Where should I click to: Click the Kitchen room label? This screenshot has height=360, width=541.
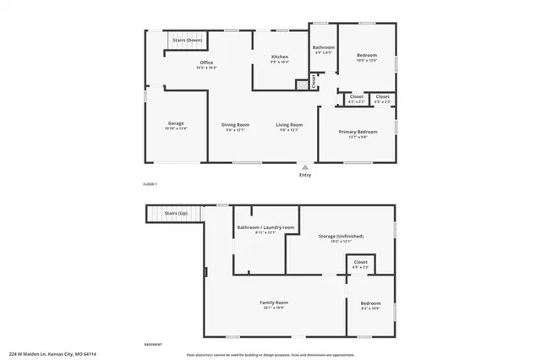(x=280, y=57)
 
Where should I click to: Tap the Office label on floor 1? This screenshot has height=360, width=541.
(x=205, y=63)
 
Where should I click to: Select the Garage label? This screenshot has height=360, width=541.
(x=175, y=123)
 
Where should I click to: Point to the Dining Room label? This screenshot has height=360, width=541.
(x=236, y=124)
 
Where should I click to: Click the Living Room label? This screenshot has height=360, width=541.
(x=289, y=124)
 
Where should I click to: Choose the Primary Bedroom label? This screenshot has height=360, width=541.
(x=358, y=132)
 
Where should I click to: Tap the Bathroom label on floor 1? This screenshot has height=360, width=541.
(x=324, y=47)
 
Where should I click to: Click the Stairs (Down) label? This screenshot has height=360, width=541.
(x=187, y=40)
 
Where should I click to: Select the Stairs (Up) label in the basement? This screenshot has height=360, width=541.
(x=176, y=213)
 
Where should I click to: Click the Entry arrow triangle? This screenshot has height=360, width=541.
(x=305, y=167)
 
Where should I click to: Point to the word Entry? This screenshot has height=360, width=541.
(x=305, y=176)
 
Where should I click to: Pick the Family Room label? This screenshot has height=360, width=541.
(x=275, y=302)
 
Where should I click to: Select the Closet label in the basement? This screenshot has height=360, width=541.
(x=360, y=263)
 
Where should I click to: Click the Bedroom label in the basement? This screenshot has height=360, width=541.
(x=371, y=303)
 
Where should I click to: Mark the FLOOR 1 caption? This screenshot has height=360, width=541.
(x=150, y=183)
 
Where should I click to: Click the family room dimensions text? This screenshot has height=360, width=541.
(x=275, y=307)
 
